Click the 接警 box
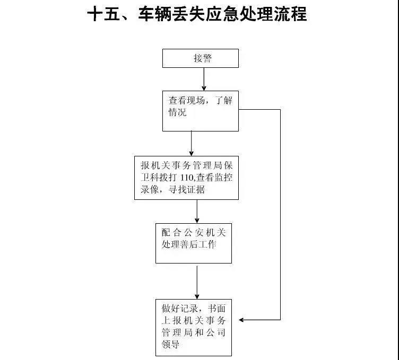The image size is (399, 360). tap(200, 58)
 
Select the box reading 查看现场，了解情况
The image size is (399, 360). tap(200, 111)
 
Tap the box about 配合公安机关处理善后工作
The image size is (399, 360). tap(193, 243)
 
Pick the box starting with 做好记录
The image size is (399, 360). tap(193, 327)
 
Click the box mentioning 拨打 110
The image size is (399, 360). tap(186, 177)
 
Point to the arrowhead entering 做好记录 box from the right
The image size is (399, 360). tap(242, 320)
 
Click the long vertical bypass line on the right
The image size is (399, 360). tap(280, 212)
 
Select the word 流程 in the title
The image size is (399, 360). tap(290, 14)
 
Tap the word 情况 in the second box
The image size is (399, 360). tap(178, 112)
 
